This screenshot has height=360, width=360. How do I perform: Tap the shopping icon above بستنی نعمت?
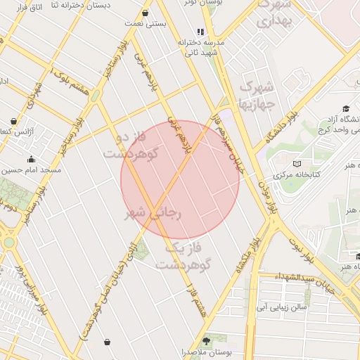click(x=146, y=13)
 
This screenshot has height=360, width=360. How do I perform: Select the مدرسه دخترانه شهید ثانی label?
click(x=204, y=47)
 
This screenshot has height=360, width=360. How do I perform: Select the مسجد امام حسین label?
click(x=31, y=169)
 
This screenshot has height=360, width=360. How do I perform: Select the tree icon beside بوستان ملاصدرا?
click(x=214, y=340)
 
